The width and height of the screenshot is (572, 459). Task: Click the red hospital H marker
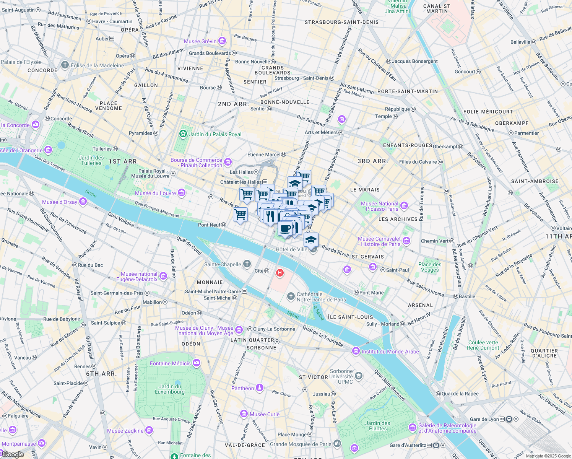pyautogui.click(x=280, y=273)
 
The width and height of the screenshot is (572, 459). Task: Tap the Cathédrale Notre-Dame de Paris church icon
pyautogui.click(x=291, y=296)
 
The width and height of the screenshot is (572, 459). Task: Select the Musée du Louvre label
pyautogui.click(x=156, y=193)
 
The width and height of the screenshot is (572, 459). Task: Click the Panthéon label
pyautogui.click(x=242, y=388)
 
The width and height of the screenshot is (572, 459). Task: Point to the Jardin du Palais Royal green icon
pyautogui.click(x=183, y=134)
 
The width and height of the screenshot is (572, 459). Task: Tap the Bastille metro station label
pyautogui.click(x=467, y=296)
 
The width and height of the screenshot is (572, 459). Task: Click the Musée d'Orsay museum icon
pyautogui.click(x=83, y=202)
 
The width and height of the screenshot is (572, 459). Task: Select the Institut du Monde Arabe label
pyautogui.click(x=390, y=352)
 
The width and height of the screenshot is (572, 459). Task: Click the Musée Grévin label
pyautogui.click(x=200, y=41)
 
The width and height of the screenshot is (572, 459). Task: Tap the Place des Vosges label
pyautogui.click(x=430, y=267)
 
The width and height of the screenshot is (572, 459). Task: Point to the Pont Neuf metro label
pyautogui.click(x=209, y=225)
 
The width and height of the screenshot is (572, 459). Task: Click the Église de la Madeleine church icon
pyautogui.click(x=65, y=65)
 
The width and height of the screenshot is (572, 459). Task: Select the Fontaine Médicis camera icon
pyautogui.click(x=196, y=363)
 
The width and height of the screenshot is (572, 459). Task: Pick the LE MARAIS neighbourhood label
pyautogui.click(x=365, y=190)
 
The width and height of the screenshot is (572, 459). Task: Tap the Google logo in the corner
pyautogui.click(x=13, y=454)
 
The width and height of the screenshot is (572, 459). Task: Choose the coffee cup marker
pyautogui.click(x=285, y=229)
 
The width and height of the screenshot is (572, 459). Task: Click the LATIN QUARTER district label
pyautogui.click(x=252, y=340)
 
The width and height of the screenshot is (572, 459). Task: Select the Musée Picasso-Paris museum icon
pyautogui.click(x=404, y=206)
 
